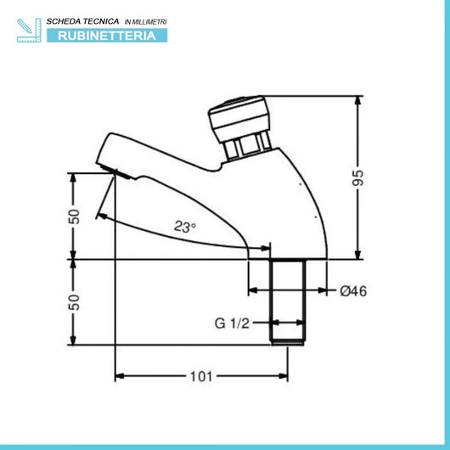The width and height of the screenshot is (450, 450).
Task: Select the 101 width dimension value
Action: (x=201, y=374)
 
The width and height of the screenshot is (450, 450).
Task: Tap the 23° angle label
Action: (x=185, y=227)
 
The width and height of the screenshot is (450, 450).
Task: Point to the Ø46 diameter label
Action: (x=352, y=290)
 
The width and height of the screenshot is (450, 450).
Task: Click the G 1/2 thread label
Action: (x=232, y=323)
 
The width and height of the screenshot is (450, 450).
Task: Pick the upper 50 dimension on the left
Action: (x=74, y=216)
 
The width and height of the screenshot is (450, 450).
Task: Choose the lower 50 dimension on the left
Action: (x=74, y=301)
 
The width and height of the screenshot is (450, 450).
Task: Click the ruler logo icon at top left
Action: (x=27, y=28)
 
